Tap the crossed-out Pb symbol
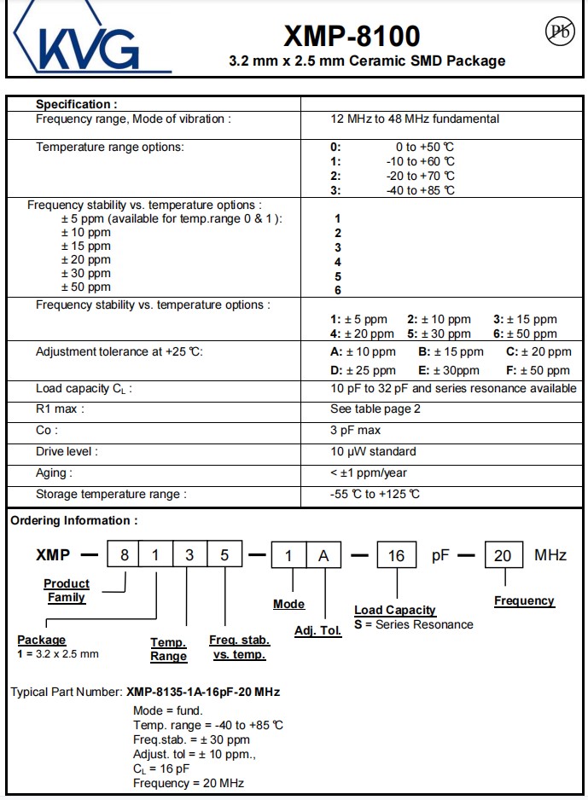click(559, 32)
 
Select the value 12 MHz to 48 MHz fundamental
click(415, 119)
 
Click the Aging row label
click(54, 473)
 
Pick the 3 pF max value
click(355, 431)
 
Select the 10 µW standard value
click(373, 452)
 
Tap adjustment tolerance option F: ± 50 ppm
click(538, 370)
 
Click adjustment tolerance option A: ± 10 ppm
click(363, 351)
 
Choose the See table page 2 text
click(375, 409)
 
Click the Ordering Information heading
click(73, 521)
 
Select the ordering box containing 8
click(124, 555)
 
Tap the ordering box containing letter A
click(323, 556)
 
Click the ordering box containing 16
click(396, 556)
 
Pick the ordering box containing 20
click(503, 556)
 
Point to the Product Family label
click(67, 590)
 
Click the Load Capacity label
click(395, 610)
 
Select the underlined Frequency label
click(524, 600)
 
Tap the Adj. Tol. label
click(317, 631)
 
